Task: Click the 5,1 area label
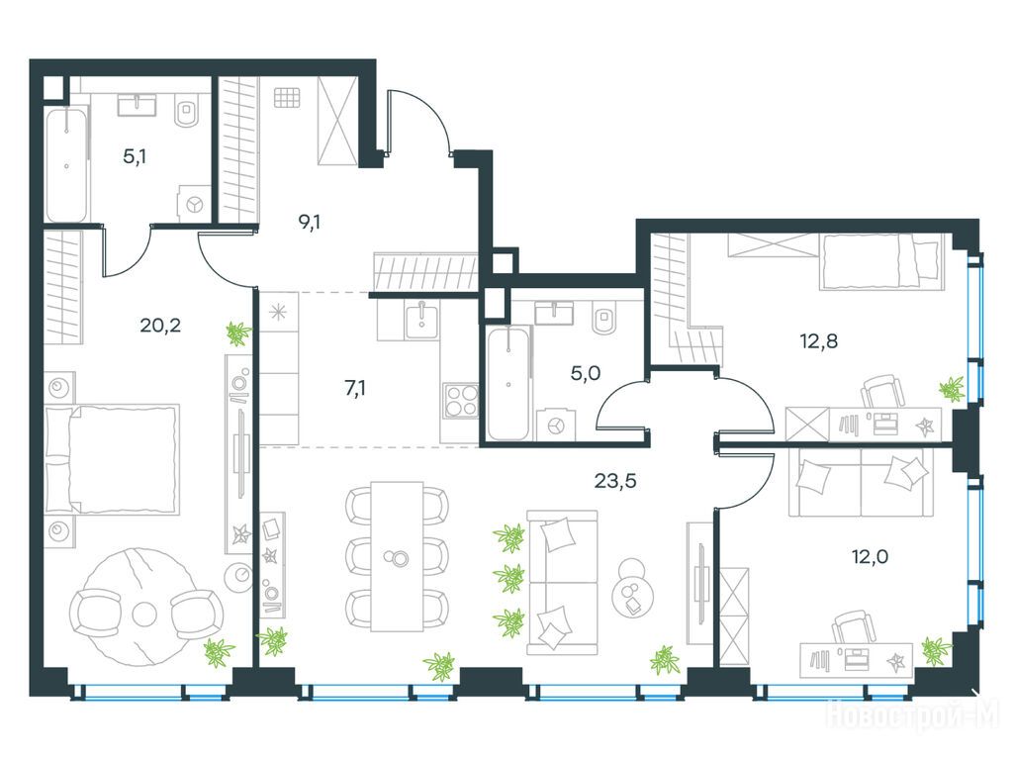[x=135, y=156]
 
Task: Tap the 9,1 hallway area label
[x=310, y=223]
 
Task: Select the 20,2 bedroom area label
[x=160, y=325]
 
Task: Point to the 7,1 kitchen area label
[x=355, y=388]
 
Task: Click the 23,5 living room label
[x=615, y=481]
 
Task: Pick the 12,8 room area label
[x=818, y=340]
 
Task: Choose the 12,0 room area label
[x=870, y=556]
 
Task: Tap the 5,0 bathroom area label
[x=586, y=373]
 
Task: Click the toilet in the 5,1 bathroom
[x=188, y=111]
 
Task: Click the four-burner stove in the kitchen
[x=461, y=400]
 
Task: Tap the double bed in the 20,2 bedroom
[x=111, y=460]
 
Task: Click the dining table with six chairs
[x=397, y=556]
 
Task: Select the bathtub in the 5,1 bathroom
[x=66, y=165]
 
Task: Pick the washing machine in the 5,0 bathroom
[x=556, y=424]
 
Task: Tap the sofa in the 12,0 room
[x=862, y=482]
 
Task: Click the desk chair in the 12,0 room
[x=853, y=627]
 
